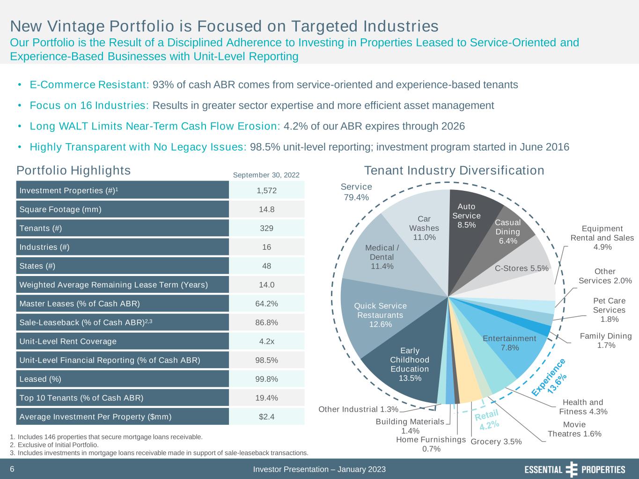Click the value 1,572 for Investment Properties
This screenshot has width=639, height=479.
click(267, 191)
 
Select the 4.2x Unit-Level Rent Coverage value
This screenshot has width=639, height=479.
click(267, 341)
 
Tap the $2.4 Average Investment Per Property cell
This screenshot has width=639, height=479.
click(267, 417)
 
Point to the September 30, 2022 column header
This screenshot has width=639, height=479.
click(266, 175)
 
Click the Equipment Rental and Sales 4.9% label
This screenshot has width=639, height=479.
click(602, 238)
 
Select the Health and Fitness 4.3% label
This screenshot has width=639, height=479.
click(583, 407)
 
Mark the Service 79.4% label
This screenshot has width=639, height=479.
click(356, 192)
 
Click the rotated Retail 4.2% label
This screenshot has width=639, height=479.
click(487, 420)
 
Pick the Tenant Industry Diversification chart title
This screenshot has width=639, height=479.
click(454, 170)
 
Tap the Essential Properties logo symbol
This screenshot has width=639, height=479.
click(572, 469)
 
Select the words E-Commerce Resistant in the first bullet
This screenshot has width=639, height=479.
click(89, 85)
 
